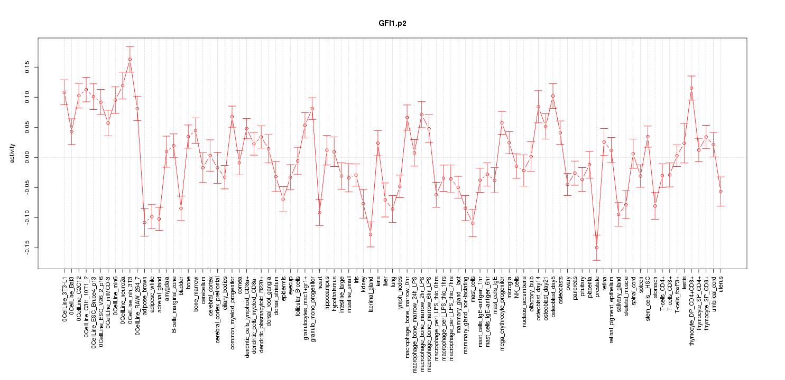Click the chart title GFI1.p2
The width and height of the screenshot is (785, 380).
click(x=392, y=24)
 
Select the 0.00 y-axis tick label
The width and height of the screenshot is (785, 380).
click(x=26, y=157)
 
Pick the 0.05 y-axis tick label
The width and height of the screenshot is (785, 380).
click(x=26, y=127)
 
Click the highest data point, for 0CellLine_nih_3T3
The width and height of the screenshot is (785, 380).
click(x=130, y=59)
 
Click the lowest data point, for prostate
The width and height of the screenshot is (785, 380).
click(x=597, y=248)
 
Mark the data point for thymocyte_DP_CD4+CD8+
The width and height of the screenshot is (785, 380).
click(x=691, y=88)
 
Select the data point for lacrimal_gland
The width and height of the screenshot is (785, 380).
click(x=371, y=234)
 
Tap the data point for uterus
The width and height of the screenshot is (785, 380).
click(x=721, y=191)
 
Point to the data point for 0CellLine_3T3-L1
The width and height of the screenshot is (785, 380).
click(x=64, y=92)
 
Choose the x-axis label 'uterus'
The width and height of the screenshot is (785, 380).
click(x=721, y=283)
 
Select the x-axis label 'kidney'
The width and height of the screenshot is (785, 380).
click(x=364, y=283)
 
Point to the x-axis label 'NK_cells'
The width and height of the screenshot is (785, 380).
click(x=516, y=287)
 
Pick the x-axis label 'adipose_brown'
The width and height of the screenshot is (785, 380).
click(x=145, y=293)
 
